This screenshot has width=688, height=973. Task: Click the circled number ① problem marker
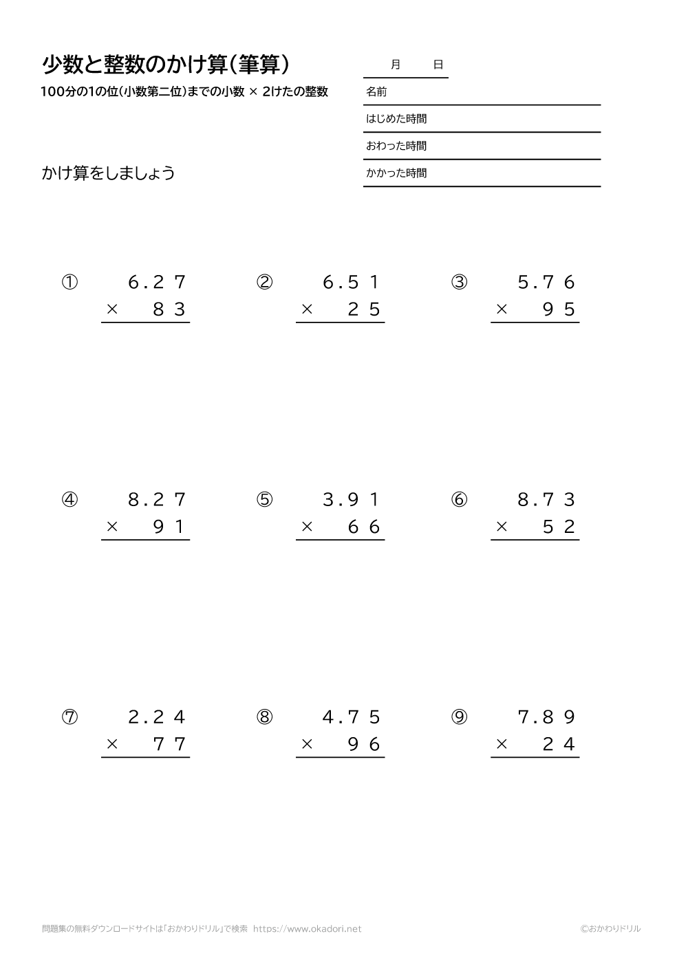tap(69, 283)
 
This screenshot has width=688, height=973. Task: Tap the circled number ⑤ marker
tap(264, 500)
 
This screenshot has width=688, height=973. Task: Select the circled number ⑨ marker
tap(459, 717)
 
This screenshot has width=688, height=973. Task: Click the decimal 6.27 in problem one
tap(158, 283)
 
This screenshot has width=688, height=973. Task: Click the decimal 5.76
tap(546, 283)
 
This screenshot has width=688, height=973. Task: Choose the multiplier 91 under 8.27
tap(169, 527)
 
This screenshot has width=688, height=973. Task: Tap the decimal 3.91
tap(352, 500)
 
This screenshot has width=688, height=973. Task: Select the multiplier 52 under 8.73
tap(559, 527)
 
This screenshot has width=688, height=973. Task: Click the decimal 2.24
tap(158, 717)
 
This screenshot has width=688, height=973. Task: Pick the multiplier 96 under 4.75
tap(364, 745)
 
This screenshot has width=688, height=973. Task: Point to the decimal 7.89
tap(546, 717)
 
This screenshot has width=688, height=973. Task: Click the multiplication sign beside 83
tap(112, 310)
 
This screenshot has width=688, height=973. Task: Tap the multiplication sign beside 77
tap(112, 745)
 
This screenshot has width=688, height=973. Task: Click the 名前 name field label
tap(376, 91)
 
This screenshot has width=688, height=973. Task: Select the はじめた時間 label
tap(396, 119)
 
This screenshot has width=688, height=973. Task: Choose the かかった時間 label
tap(396, 173)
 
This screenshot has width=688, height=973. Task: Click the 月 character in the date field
tap(395, 65)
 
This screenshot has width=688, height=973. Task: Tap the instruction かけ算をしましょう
tap(109, 173)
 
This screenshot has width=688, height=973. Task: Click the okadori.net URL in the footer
tap(307, 929)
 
